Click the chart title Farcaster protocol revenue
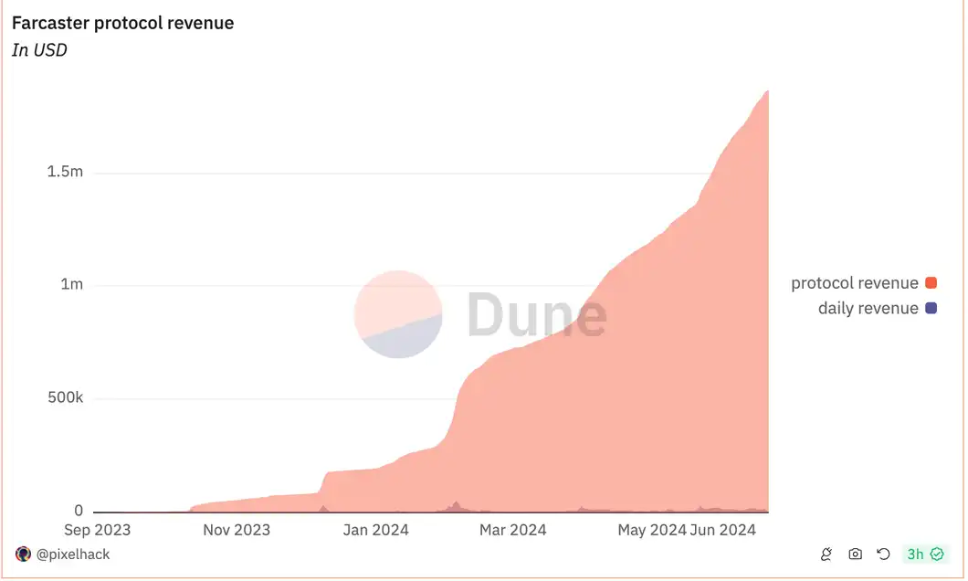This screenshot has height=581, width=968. point(122,23)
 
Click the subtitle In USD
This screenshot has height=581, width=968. point(39,50)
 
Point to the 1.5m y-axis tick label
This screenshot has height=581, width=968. point(65,173)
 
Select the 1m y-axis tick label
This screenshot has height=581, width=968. point(71,284)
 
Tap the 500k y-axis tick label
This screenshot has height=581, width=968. point(65,398)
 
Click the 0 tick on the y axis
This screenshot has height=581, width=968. point(79,512)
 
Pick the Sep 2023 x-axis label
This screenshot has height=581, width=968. point(98,530)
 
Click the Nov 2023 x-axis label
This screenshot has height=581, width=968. point(237,530)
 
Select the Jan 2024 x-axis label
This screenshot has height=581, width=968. point(376,530)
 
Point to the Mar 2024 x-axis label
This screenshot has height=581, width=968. point(512,530)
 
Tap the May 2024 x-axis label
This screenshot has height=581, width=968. point(651,530)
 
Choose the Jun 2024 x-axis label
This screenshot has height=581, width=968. point(723,530)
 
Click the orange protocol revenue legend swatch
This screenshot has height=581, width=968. point(931,283)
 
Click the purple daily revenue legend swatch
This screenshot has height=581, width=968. point(931,309)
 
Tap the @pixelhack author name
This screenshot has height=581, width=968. point(72,555)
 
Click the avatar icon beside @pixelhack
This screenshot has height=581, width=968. point(24,555)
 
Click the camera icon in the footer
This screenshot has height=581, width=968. point(856,555)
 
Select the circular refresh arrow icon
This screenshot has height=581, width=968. point(883,555)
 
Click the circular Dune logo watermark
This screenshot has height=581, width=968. point(398,314)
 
